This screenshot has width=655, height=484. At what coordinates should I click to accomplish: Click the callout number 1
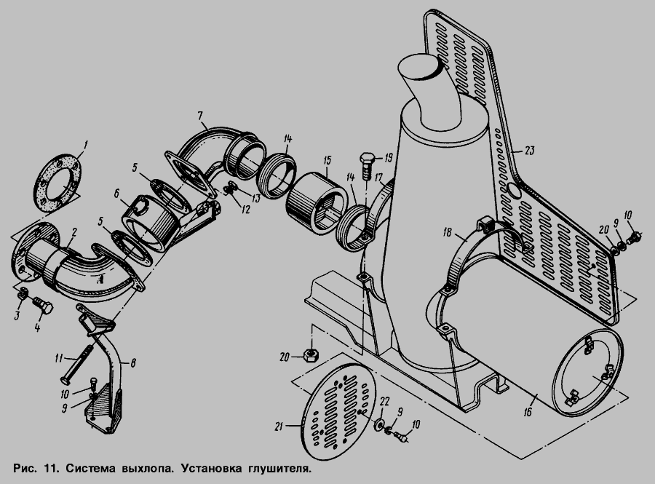[85, 146]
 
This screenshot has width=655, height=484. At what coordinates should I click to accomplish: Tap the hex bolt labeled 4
[43, 305]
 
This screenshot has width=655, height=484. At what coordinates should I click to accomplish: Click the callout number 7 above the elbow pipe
[200, 115]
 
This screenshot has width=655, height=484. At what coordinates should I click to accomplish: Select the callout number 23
[529, 150]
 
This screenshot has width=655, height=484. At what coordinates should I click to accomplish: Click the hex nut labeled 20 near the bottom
[310, 355]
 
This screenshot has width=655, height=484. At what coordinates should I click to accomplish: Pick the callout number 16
[528, 412]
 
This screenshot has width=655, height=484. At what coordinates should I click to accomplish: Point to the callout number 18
[448, 232]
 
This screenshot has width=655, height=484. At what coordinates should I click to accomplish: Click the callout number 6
[116, 194]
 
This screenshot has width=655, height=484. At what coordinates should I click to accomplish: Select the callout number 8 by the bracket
[133, 363]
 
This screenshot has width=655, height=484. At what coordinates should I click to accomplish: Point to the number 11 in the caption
[49, 468]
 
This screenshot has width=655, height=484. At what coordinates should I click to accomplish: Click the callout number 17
[379, 178]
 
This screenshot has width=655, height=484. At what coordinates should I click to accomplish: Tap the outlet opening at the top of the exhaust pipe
[421, 68]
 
